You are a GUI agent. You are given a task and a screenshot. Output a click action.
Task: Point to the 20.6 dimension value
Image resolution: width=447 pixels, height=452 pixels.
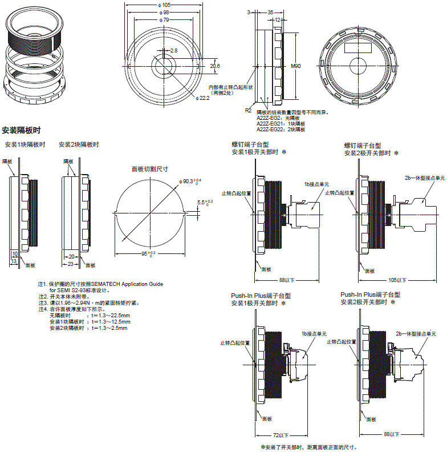[x=215, y=66]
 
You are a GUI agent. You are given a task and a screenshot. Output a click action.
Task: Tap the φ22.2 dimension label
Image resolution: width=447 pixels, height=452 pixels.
[x=203, y=99]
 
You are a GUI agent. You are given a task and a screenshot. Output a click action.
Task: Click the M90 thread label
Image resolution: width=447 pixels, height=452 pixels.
[x=296, y=66]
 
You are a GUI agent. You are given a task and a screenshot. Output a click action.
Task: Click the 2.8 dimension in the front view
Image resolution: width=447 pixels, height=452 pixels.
[x=173, y=51]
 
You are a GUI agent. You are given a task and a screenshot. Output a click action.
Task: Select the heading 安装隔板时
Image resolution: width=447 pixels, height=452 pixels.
[x=22, y=130]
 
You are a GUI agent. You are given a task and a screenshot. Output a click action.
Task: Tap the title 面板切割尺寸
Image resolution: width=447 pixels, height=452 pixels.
[x=150, y=169]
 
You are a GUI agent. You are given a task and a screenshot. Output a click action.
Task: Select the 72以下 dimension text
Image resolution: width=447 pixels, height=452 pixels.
[x=281, y=434]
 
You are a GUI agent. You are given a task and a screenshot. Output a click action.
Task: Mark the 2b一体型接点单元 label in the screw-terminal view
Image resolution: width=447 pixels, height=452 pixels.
[x=424, y=178]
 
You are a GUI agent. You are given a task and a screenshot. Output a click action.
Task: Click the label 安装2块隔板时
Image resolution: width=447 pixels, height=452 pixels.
[x=79, y=145]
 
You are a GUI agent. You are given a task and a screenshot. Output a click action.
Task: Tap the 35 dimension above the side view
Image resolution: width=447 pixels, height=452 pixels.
[x=270, y=11]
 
